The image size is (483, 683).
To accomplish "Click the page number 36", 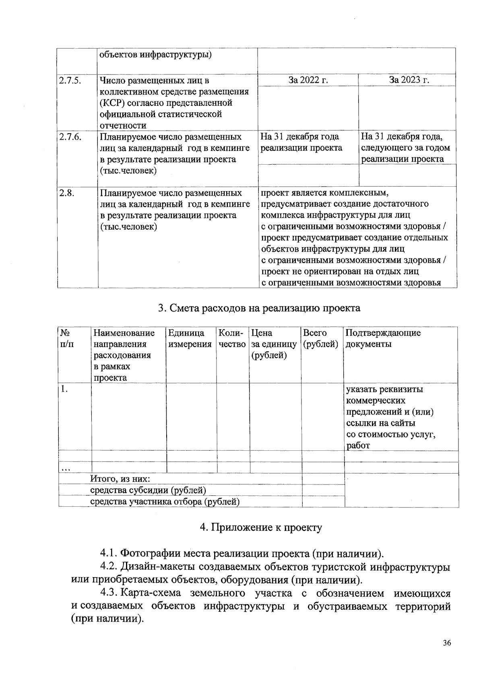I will [x=447, y=643].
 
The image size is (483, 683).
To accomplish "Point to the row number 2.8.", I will [x=67, y=193].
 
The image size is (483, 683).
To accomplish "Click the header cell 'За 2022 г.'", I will [x=308, y=80].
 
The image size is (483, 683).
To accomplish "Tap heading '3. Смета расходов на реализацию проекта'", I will [x=259, y=308].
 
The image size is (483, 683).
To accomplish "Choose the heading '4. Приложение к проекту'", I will [x=261, y=527].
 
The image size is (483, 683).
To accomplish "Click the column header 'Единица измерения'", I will [x=190, y=338].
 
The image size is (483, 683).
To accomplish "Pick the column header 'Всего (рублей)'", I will [x=320, y=338].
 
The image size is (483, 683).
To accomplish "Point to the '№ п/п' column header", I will [x=66, y=338].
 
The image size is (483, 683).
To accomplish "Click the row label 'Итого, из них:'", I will [x=120, y=479].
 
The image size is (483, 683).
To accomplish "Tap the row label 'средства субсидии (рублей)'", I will [x=148, y=490].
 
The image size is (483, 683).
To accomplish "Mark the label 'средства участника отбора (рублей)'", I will [x=165, y=501].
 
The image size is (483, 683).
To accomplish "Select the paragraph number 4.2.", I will [x=109, y=567].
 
